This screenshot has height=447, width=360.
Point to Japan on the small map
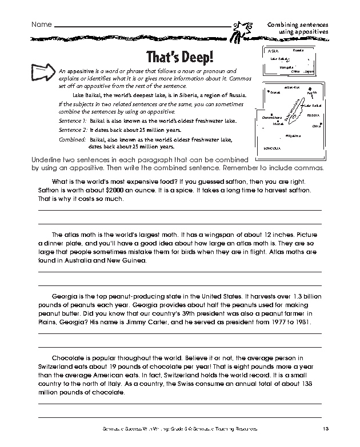tap(309, 72)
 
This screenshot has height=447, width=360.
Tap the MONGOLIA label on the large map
tap(272, 148)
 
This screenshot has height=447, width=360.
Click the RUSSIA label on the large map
tap(313, 115)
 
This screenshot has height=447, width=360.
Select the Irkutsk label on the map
tap(278, 124)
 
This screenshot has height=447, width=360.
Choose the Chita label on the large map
tap(317, 126)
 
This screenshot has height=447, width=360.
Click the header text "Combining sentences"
tap(298, 26)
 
